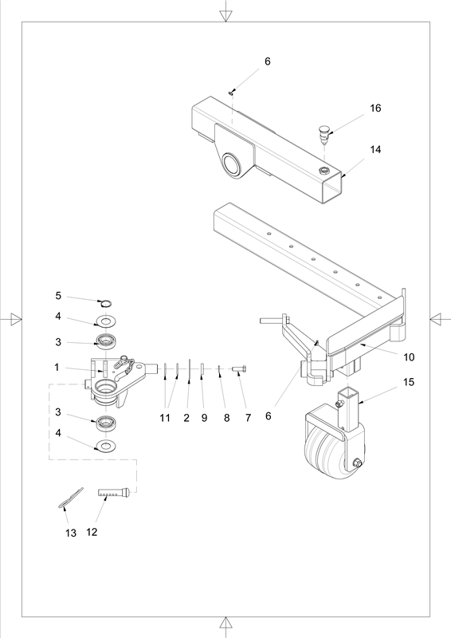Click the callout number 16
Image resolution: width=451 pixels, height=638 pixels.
point(375,108)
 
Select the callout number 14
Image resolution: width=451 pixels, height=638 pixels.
point(375,150)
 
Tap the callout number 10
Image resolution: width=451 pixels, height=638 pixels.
point(409,357)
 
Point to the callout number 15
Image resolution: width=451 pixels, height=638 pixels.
point(409,382)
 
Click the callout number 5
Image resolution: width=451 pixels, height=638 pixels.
point(58,296)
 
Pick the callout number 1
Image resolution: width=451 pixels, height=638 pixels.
point(57,368)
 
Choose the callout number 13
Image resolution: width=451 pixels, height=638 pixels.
point(71,533)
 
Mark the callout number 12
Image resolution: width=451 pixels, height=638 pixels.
point(92,532)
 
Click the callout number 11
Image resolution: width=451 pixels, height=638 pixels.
point(165,418)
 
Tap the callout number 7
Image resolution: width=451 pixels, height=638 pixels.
point(248,418)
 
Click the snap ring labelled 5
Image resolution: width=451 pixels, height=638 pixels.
point(106,303)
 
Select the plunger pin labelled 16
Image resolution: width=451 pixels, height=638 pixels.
point(324,136)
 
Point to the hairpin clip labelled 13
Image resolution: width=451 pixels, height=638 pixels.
point(70,498)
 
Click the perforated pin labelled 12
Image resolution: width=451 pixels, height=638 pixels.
point(114,493)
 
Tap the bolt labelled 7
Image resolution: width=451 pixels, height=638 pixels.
point(239,368)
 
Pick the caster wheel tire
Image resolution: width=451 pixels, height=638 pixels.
point(325,455)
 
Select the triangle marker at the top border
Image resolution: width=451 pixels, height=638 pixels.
point(225,15)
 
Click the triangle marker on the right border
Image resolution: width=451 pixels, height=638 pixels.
point(436,319)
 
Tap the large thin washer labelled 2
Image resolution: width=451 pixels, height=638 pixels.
point(190,371)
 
